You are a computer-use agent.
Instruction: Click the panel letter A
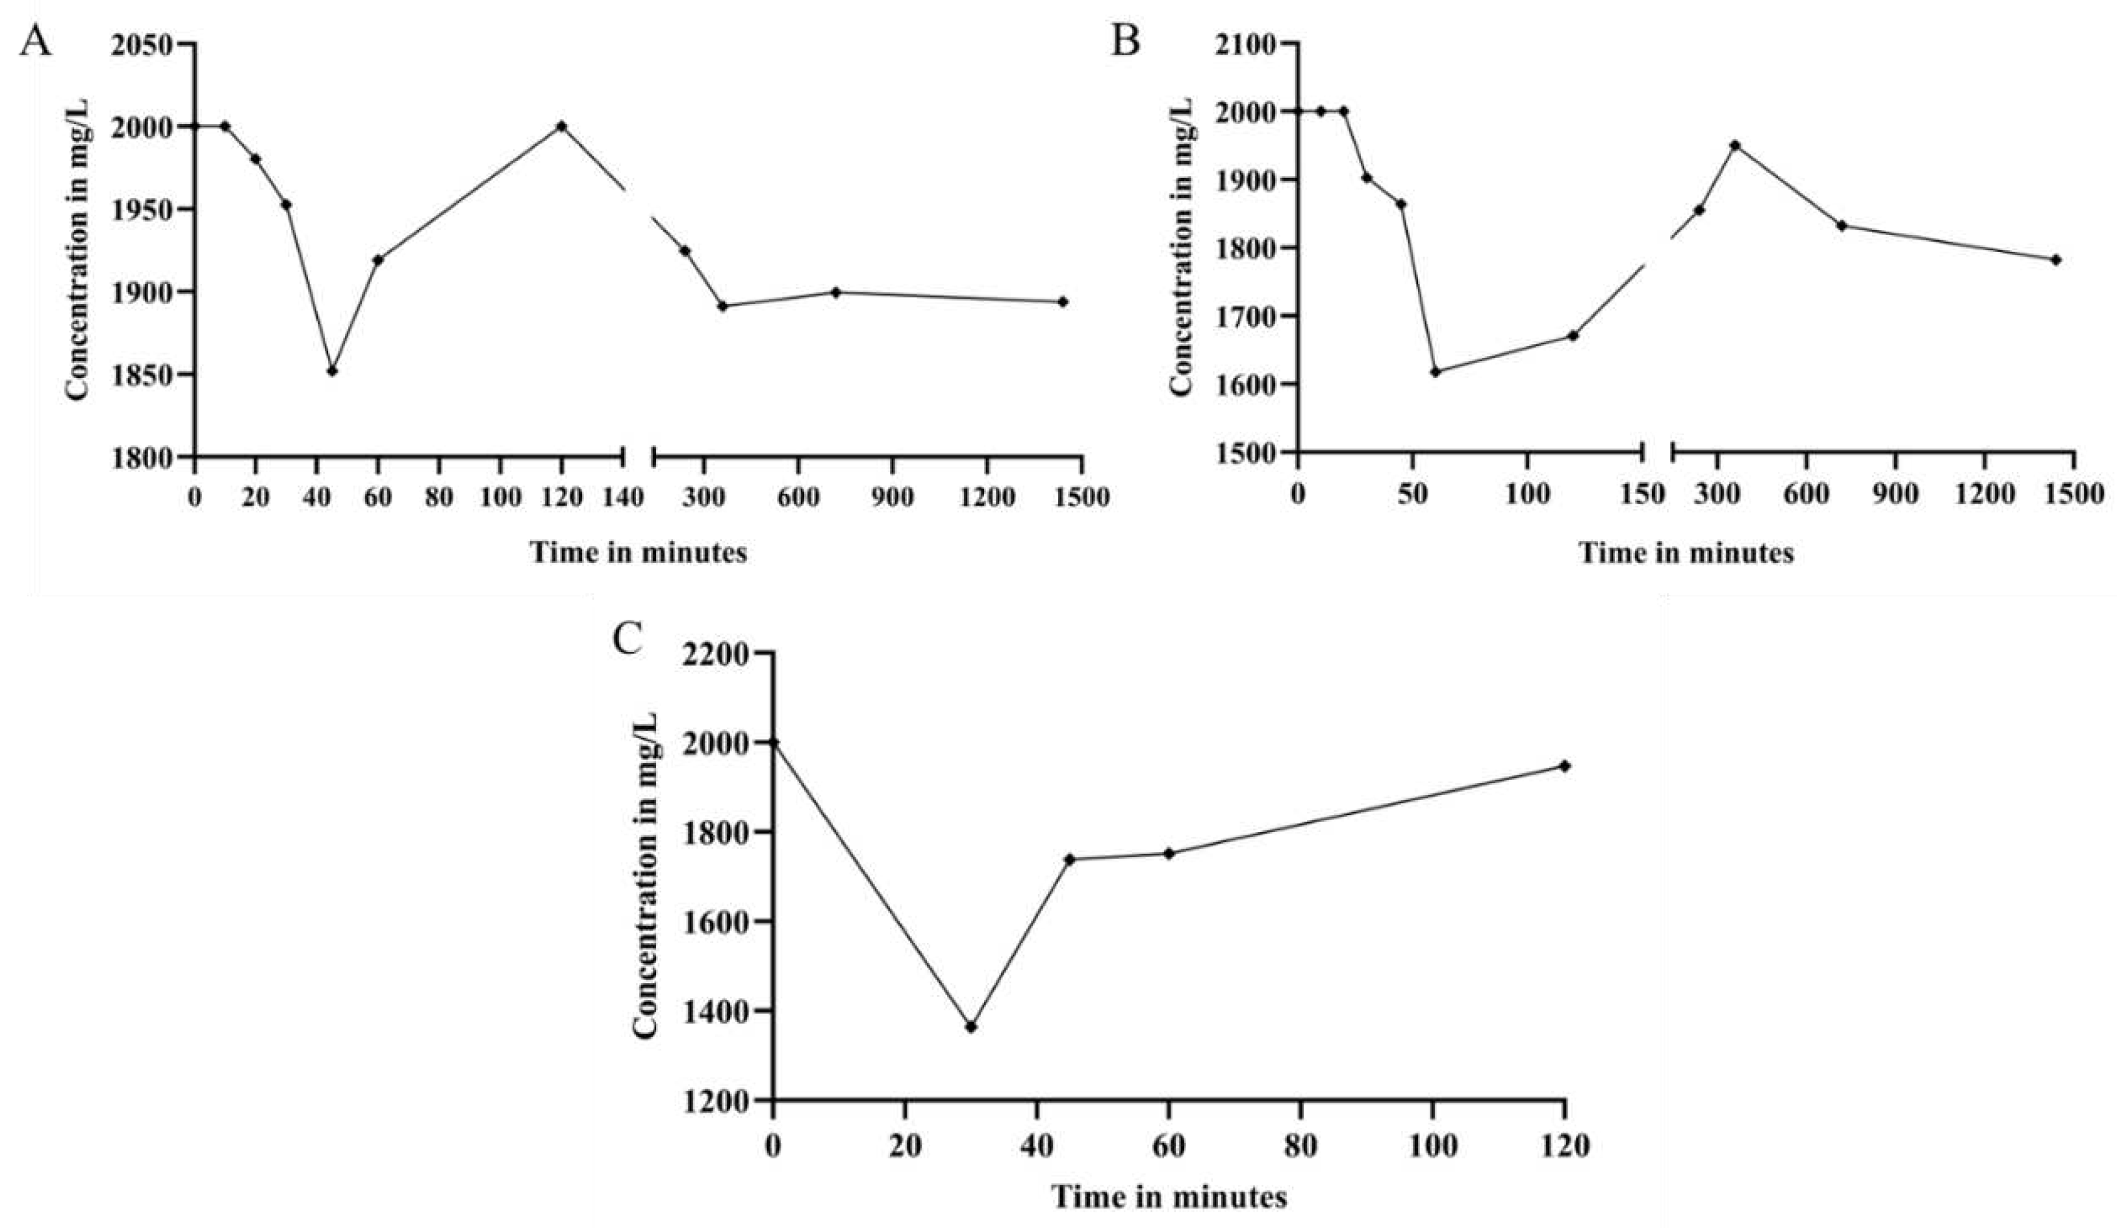35,40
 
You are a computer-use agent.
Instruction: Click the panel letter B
1125,40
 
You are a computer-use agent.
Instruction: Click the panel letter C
627,640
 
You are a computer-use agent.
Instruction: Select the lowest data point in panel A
333,370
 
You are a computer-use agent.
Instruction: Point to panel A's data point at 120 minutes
562,126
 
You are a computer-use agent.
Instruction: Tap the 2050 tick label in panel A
147,44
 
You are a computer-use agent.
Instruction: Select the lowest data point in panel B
1435,371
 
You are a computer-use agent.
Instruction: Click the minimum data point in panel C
971,1027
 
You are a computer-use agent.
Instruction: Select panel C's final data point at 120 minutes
1565,765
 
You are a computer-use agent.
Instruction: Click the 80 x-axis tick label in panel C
1300,1147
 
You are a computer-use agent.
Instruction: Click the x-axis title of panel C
1169,1197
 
